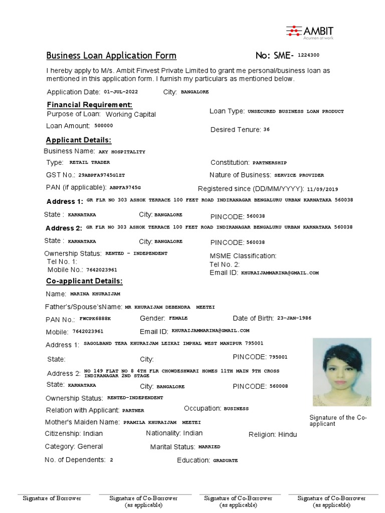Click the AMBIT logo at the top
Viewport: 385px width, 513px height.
click(309, 32)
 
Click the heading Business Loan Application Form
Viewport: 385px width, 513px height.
click(111, 56)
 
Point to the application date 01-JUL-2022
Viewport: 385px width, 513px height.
click(121, 92)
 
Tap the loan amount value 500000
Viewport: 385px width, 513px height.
click(104, 126)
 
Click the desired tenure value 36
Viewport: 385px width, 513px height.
click(266, 129)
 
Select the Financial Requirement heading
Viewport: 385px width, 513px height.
click(90, 104)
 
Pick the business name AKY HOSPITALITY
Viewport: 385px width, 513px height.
click(122, 151)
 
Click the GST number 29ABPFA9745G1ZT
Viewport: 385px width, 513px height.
click(101, 175)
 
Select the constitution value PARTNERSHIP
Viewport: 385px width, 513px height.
click(270, 163)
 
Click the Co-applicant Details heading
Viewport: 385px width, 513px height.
click(84, 281)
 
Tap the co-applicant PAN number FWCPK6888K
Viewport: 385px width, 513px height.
click(95, 319)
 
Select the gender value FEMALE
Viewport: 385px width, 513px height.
click(178, 318)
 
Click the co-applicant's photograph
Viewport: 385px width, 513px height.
click(342, 372)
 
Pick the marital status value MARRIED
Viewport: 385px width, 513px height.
click(209, 446)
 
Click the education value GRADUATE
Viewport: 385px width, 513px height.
click(226, 460)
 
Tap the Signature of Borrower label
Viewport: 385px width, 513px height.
click(52, 498)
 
